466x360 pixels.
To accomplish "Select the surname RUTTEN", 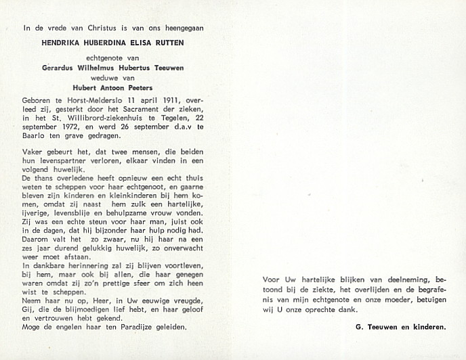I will [167, 42].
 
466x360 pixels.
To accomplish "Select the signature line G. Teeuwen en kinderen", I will [400, 328].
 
